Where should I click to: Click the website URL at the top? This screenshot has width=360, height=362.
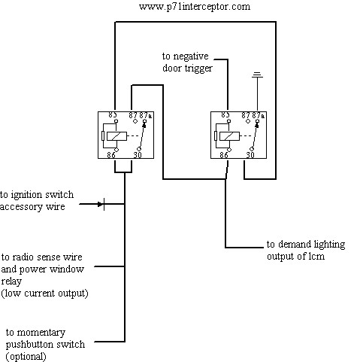pos(195,7)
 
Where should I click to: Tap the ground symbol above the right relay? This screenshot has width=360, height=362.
pos(257,75)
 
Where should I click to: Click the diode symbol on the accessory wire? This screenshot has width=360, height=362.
pos(101,204)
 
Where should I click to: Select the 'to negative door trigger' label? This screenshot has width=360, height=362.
pos(187,62)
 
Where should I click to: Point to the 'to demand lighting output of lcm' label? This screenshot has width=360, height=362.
pos(306,250)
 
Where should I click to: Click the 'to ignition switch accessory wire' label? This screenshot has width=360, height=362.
pos(37,201)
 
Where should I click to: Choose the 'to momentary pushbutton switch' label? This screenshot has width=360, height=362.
pos(45,339)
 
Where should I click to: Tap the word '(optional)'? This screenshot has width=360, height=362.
pos(26,356)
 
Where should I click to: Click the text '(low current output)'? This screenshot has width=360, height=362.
pos(44,294)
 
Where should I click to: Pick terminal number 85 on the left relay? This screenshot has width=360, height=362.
pos(113,115)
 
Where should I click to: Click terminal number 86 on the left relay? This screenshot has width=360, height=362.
pos(111,155)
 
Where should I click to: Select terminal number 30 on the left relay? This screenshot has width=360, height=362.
pos(138,155)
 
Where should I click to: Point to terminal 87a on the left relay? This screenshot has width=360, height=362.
pos(146,115)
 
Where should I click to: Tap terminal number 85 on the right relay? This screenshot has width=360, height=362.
pos(225,115)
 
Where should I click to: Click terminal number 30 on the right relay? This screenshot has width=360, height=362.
pos(250,155)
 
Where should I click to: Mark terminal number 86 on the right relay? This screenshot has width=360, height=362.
pos(224,155)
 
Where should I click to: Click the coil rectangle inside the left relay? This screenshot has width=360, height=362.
pos(116,136)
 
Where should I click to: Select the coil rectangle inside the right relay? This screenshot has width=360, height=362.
pos(229,136)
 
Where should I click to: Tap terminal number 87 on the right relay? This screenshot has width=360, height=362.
pos(246,115)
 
